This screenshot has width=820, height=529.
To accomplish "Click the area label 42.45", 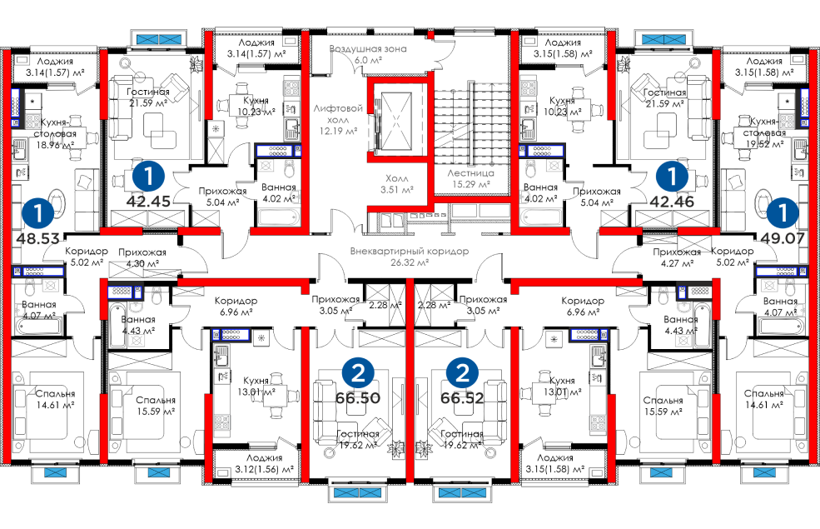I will point(148,201).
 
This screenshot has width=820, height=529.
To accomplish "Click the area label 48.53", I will point(37,238).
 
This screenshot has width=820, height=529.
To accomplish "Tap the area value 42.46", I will point(671,201).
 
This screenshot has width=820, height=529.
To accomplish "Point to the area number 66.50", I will point(358,398).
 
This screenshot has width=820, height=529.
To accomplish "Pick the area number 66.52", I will point(462,398).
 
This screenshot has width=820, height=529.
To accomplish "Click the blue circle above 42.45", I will point(149,176).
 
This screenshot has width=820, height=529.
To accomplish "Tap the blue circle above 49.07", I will point(782,212).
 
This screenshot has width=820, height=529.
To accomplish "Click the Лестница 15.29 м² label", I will point(470,177).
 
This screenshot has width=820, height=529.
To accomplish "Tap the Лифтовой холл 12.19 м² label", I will point(338,119).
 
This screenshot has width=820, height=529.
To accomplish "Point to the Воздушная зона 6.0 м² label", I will point(367,54).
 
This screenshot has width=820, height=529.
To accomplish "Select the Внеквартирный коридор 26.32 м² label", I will point(398,256).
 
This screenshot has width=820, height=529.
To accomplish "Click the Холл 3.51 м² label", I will point(397,183).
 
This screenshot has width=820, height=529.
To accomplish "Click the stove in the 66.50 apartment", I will point(222,422).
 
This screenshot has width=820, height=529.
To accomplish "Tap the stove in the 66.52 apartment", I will point(597,422).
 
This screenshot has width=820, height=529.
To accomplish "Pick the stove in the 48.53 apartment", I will point(33,121).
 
